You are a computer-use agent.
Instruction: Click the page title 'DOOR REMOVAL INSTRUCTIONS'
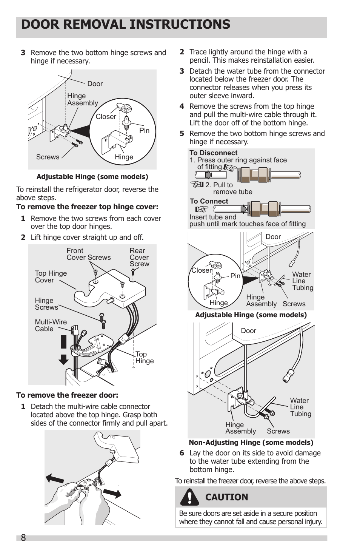coord(126,25)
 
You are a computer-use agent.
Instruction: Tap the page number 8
coord(23,538)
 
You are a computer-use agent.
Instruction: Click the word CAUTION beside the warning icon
coord(226,497)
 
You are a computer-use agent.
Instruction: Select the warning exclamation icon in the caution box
coord(189,497)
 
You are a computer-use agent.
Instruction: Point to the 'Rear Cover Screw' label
coord(139,257)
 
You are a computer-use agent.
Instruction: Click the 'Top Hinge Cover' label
coord(51,276)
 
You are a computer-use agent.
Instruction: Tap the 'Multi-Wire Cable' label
coord(51,325)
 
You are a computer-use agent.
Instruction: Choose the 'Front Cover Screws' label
coord(88,254)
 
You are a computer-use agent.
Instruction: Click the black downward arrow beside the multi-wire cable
coord(63,359)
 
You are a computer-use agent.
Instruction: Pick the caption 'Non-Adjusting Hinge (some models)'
coord(251,443)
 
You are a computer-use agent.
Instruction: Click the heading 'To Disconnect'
coord(213,153)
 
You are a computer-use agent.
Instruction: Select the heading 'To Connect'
coord(209,201)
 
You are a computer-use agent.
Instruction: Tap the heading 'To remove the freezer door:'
coord(67,395)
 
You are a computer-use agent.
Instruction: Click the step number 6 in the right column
coord(182,453)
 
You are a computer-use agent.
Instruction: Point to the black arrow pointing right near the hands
coord(112,493)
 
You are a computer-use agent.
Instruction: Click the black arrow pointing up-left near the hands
coord(55,478)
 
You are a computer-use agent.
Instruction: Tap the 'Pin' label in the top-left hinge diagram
coord(144,130)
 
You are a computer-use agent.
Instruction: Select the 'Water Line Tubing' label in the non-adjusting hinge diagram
coord(300,407)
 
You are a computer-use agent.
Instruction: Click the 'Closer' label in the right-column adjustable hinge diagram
coord(202,270)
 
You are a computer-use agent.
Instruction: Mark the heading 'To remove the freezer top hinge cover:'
coord(87,207)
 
